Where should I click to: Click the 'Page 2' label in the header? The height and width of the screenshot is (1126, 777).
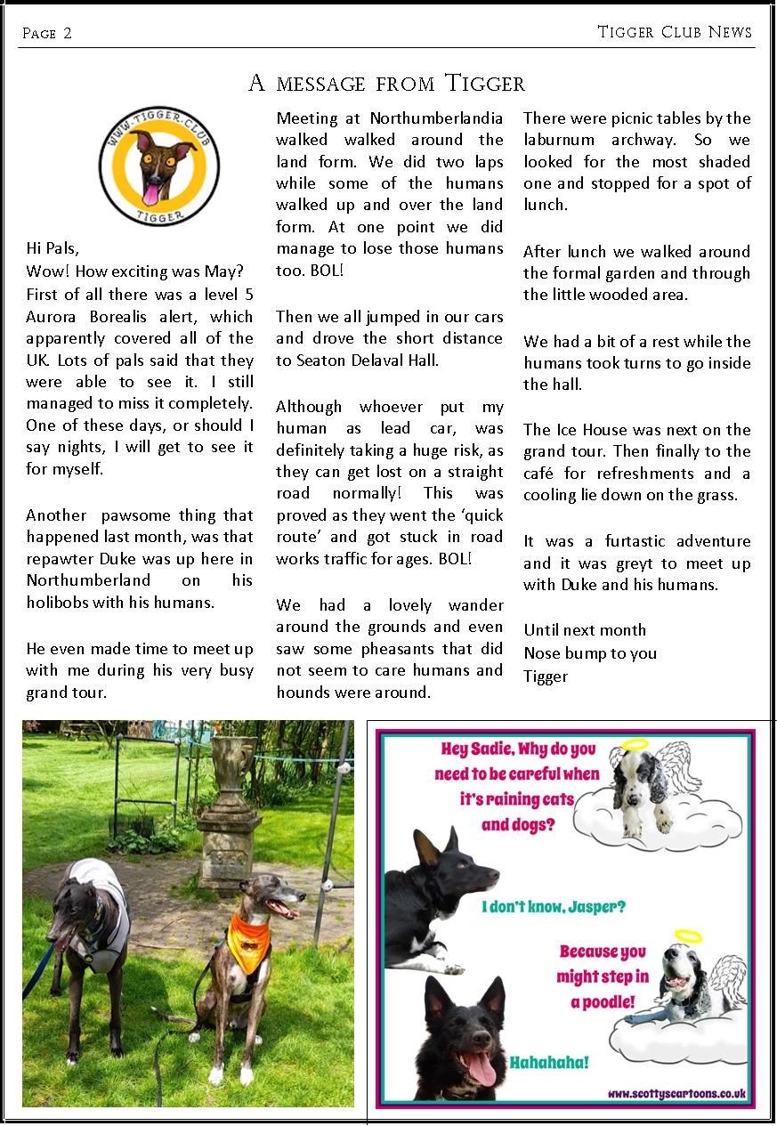[x=47, y=34]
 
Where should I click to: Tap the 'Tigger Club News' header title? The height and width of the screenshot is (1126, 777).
[x=675, y=32]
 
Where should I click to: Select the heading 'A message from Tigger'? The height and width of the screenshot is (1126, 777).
[x=387, y=84]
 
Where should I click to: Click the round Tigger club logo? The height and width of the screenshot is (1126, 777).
[x=158, y=166]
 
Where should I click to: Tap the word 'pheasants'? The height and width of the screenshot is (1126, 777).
[x=402, y=649]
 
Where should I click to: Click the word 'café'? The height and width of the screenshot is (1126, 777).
[x=542, y=474]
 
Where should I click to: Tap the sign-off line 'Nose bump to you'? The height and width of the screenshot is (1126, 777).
[x=590, y=653]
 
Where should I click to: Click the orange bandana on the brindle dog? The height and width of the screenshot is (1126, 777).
[x=247, y=935]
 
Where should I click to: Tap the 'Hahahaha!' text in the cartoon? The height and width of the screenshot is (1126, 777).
[x=548, y=1063]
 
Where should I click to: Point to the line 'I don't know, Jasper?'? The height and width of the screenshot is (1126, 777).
[x=554, y=908]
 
